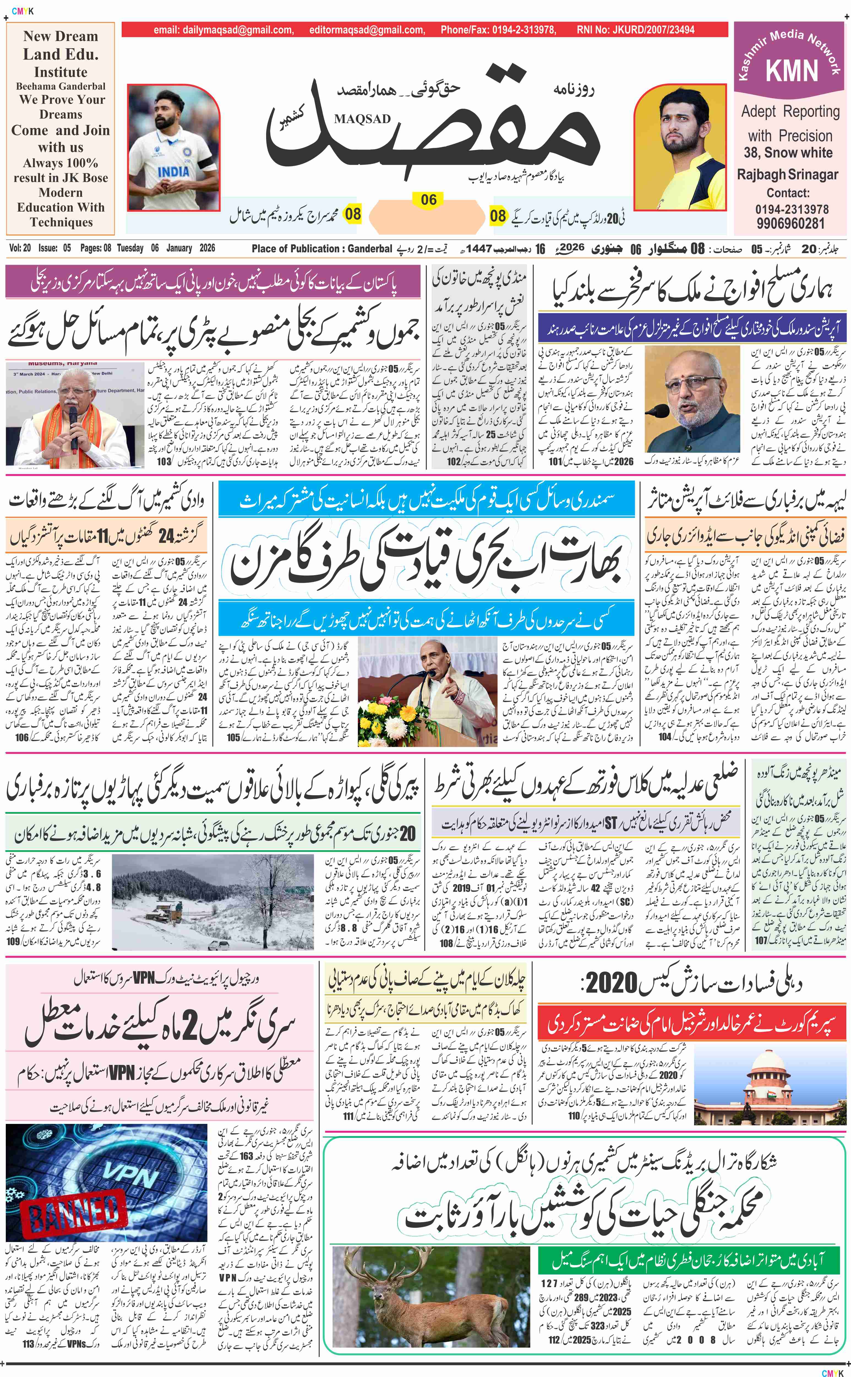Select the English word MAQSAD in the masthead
[362, 119]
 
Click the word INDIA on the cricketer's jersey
[173, 171]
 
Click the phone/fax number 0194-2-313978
[523, 30]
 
